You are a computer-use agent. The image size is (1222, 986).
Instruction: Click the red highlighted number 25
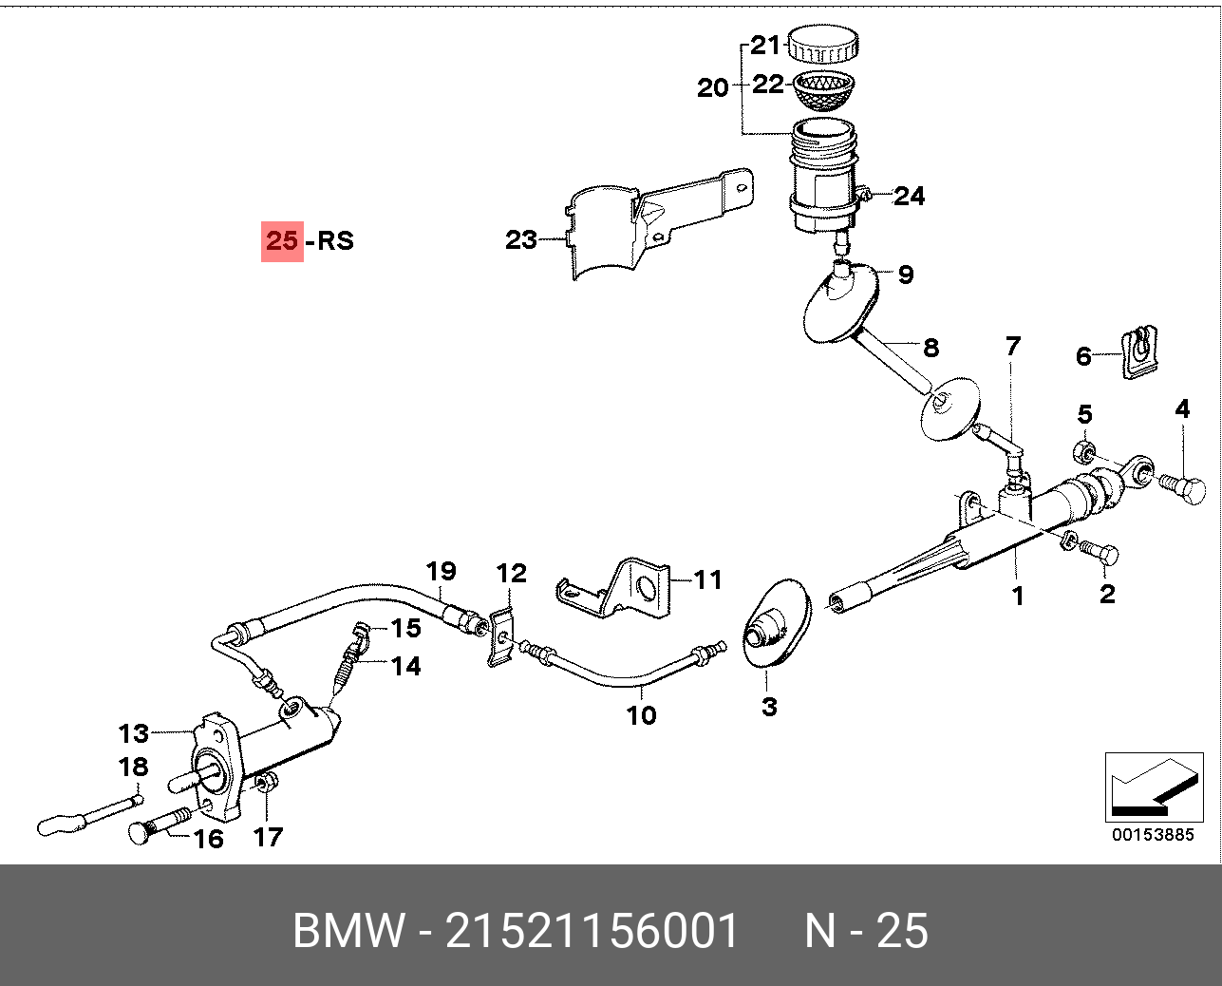282,240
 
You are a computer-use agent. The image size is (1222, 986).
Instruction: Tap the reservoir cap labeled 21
823,44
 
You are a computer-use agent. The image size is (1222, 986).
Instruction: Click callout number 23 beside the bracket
521,239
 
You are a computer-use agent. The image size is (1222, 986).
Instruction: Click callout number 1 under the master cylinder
1018,596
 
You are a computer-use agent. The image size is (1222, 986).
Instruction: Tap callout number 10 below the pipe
642,714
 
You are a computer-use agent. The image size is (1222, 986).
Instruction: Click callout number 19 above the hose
441,571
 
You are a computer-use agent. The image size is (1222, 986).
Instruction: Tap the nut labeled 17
267,784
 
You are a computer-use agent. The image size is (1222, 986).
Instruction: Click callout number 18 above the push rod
133,767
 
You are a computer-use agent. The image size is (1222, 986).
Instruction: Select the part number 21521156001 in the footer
592,930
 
